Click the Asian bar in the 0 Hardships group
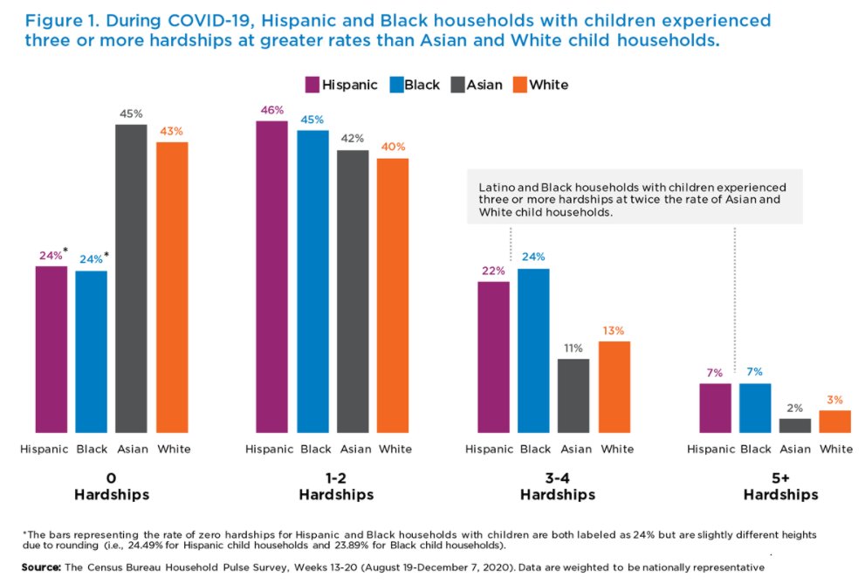click(132, 278)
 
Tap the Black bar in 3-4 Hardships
click(533, 350)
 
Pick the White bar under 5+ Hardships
click(835, 421)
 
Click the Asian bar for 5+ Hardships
click(795, 425)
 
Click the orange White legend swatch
click(518, 85)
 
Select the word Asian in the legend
click(484, 85)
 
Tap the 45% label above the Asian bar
click(132, 113)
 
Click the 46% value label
click(271, 110)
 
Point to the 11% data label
click(573, 347)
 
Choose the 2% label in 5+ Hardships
click(795, 407)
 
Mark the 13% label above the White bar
click(614, 330)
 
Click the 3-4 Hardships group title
click(557, 486)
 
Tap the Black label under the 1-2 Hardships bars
click(315, 449)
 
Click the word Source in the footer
click(40, 567)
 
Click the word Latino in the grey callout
click(497, 188)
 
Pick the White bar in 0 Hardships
click(172, 287)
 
